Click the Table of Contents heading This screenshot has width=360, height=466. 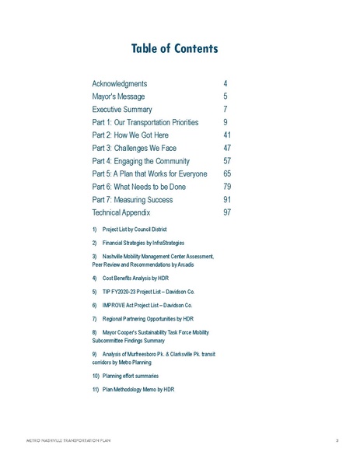pyautogui.click(x=180, y=49)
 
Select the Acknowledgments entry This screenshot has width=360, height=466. pyautogui.click(x=120, y=83)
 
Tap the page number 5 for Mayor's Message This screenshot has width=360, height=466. pyautogui.click(x=225, y=96)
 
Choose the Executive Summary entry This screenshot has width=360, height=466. pyautogui.click(x=122, y=110)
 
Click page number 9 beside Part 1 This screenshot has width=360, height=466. pyautogui.click(x=225, y=122)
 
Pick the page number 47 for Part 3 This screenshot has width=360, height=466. pyautogui.click(x=227, y=148)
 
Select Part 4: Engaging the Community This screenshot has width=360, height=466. pyautogui.click(x=145, y=161)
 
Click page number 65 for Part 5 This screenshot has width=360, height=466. pyautogui.click(x=227, y=173)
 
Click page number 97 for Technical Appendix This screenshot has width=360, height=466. pyautogui.click(x=227, y=212)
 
